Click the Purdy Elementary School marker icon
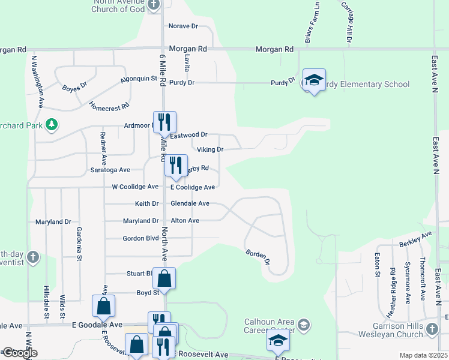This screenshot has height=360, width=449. coord(313,80)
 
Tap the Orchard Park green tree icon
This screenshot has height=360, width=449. coord(52,124)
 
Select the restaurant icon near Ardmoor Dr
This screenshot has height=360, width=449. coord(164,122)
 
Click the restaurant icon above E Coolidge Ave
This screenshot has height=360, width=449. coord(176,165)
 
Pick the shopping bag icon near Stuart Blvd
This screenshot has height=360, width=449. coord(164,278)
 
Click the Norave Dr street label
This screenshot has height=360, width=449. coord(183,26)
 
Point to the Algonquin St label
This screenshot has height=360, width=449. coord(138,79)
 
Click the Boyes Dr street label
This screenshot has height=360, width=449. coord(75,86)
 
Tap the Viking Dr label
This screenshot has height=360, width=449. coord(211,149)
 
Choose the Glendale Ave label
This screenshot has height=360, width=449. coord(190,204)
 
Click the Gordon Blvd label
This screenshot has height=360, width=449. coord(140,238)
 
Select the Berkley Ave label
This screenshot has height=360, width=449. coord(415,239)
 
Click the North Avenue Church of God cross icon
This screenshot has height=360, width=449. coord(154,5)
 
